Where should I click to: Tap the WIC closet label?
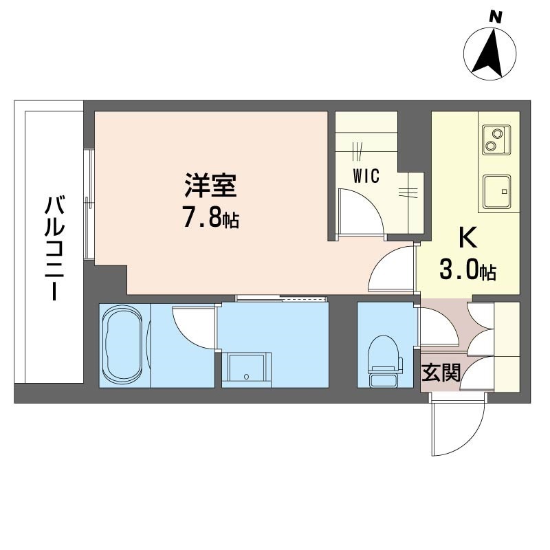366,176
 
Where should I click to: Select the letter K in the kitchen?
468,237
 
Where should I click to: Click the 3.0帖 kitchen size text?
467,270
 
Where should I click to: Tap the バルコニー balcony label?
54,248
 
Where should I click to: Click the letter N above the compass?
496,17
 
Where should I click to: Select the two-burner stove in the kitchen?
496,140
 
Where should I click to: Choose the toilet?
384,362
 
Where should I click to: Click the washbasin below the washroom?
246,371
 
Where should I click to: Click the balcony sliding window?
90,203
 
